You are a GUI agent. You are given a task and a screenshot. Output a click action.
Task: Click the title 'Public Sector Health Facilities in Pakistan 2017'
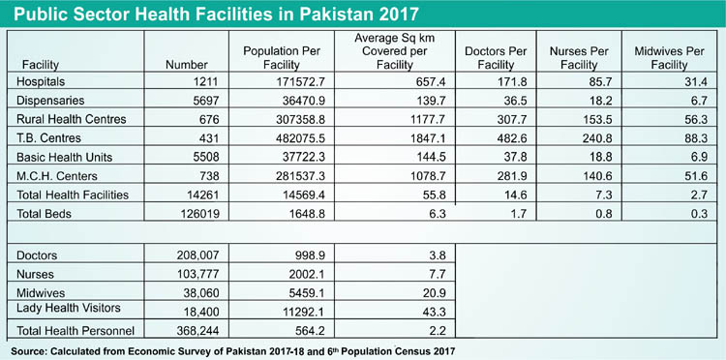(214, 15)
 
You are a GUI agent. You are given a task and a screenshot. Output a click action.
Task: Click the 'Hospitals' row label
(45, 81)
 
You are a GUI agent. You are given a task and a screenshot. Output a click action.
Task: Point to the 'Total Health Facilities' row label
(73, 195)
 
